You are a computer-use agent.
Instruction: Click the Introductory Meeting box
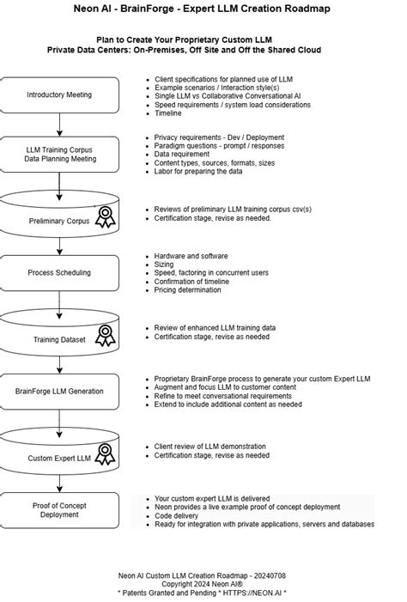58,94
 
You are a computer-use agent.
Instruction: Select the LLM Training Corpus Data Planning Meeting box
58,154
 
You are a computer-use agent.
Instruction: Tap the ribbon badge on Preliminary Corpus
106,217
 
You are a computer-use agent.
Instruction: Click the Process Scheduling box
58,272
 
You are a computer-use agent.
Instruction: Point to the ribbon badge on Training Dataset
106,334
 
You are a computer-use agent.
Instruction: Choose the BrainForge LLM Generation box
58,391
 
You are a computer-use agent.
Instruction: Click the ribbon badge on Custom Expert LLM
106,453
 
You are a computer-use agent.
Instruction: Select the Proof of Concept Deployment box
58,509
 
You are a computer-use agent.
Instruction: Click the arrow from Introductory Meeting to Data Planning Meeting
59,123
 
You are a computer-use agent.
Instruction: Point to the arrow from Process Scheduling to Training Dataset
59,302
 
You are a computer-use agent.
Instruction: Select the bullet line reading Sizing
163,265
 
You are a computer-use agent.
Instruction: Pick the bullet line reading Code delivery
178,515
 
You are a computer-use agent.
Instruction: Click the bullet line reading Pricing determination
187,289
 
